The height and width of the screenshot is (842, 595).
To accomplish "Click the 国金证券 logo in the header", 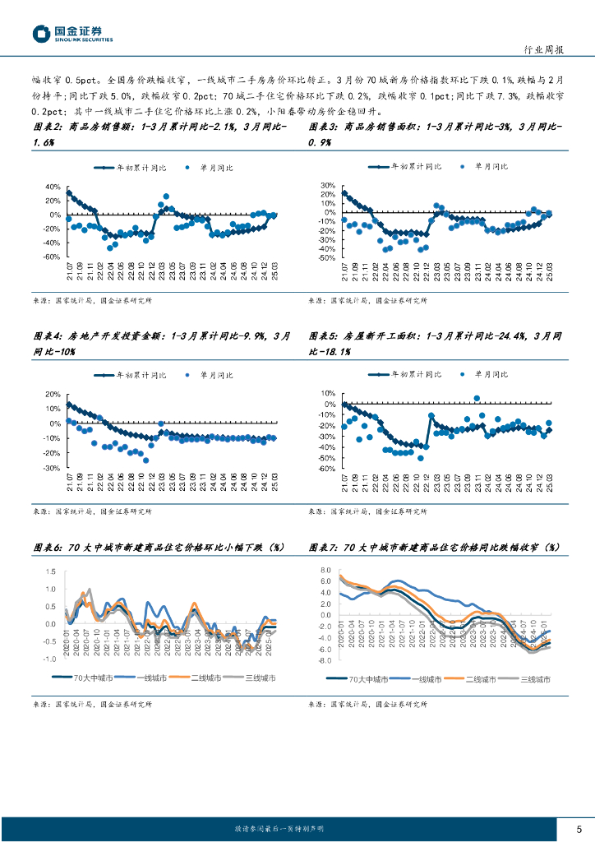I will (72, 33).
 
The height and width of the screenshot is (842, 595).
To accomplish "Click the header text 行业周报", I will (543, 50).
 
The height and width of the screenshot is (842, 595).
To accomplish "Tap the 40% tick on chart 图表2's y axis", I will (53, 187).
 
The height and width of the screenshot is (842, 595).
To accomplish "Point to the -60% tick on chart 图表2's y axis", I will (52, 257).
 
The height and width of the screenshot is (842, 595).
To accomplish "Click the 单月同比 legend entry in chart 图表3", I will (487, 167).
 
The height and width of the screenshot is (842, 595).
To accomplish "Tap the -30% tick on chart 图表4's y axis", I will (52, 468).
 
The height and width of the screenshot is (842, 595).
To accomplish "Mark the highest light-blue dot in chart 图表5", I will (477, 399).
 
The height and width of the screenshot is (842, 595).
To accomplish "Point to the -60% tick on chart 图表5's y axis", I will (327, 469).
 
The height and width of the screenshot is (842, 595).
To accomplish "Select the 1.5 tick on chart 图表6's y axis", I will (51, 571).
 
